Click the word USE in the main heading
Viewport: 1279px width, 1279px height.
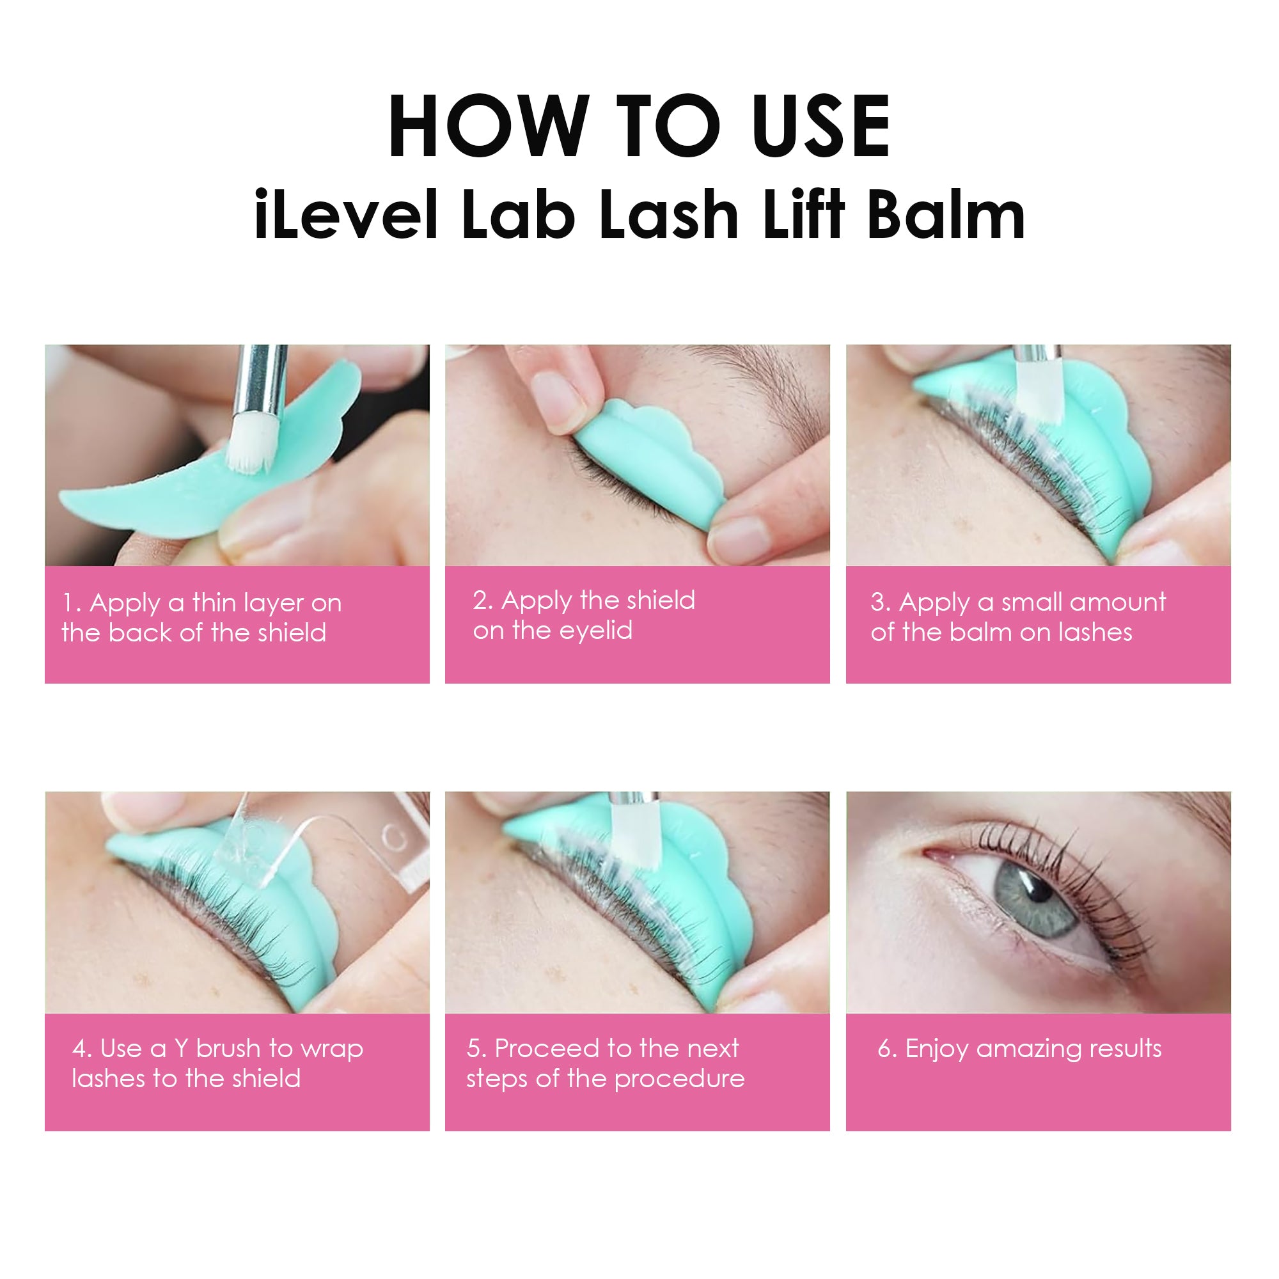(822, 127)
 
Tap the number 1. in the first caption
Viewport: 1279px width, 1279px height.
(72, 603)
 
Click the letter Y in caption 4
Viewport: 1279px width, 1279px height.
(182, 1049)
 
